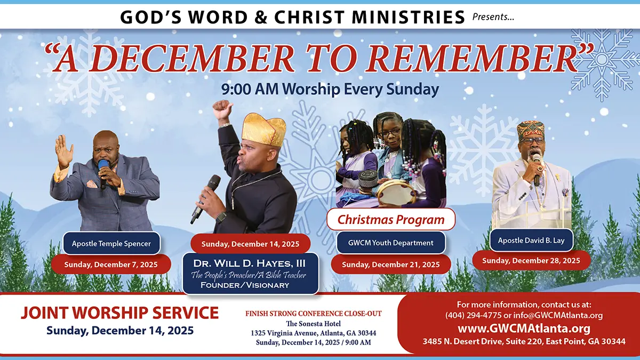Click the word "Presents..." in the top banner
[493, 18]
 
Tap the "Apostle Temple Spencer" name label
[111, 244]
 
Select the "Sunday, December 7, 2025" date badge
[111, 264]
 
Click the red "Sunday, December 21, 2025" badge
[391, 264]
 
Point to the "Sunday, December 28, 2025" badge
[531, 261]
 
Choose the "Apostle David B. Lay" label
[531, 241]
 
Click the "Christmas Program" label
[391, 219]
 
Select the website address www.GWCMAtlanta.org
[524, 328]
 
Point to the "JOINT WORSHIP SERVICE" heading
[119, 313]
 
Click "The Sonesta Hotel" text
[313, 323]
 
